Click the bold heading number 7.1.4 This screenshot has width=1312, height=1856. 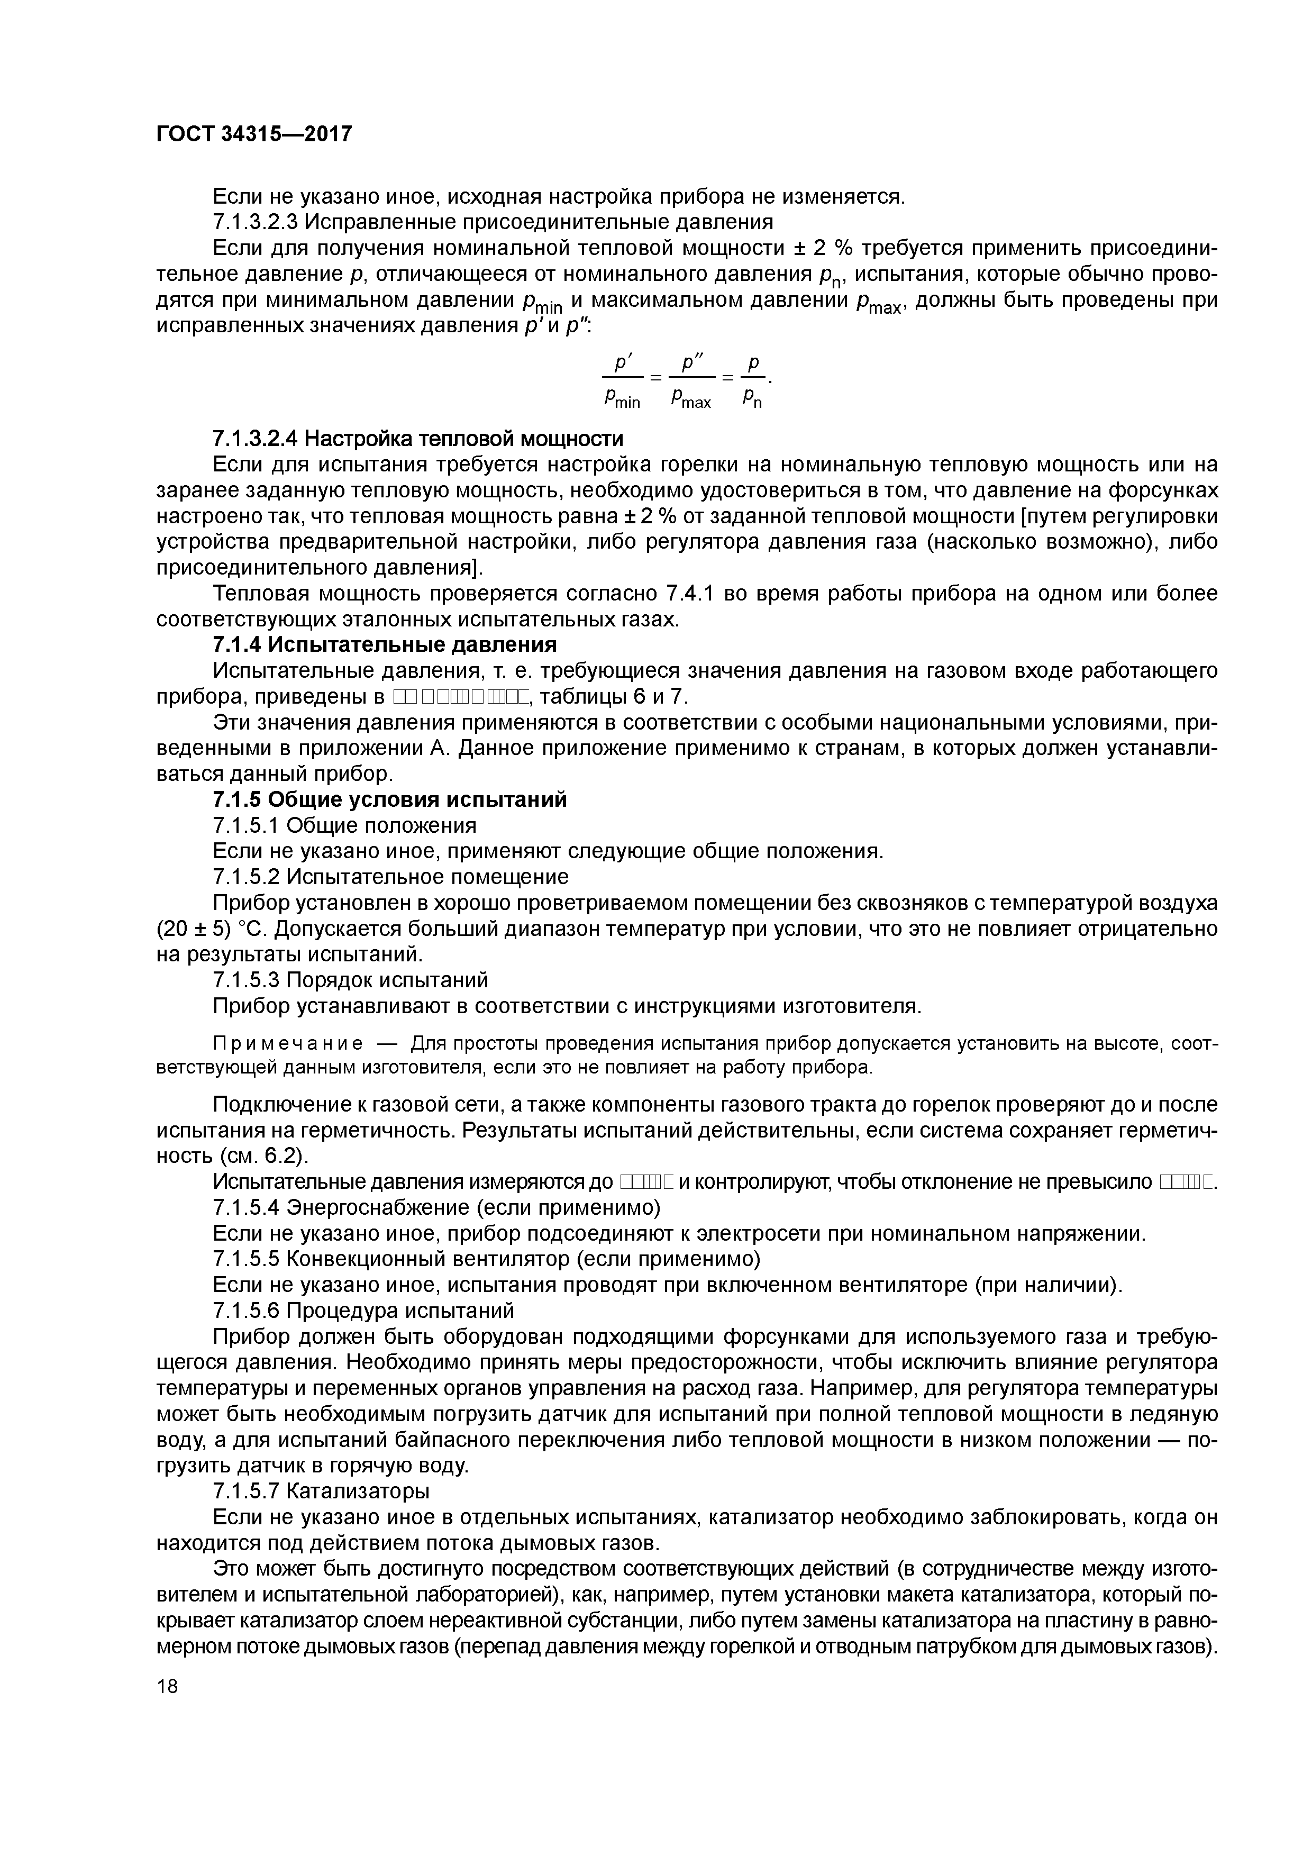[x=237, y=645]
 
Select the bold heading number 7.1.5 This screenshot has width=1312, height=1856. [x=237, y=799]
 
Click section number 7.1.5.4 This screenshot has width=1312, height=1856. [x=247, y=1208]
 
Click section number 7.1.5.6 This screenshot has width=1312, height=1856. [x=247, y=1309]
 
